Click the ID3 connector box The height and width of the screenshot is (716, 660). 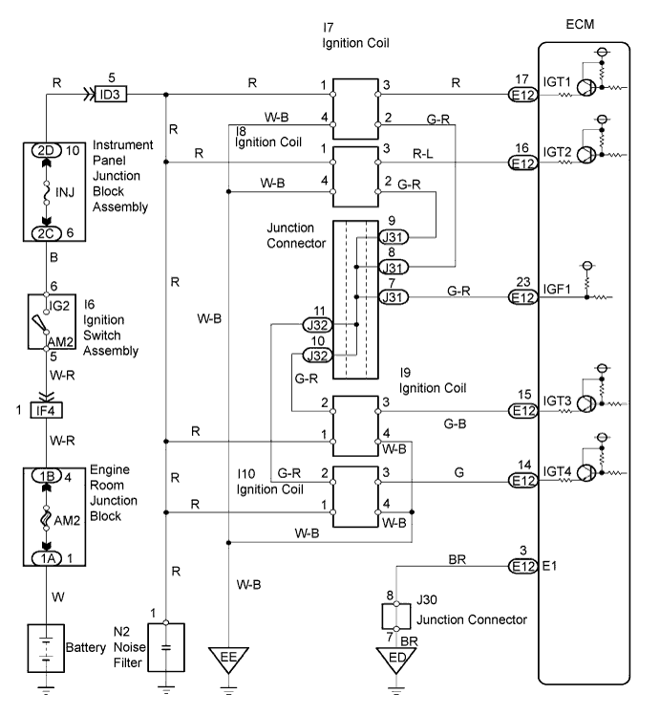pyautogui.click(x=113, y=95)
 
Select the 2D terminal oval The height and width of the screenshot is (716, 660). pyautogui.click(x=45, y=151)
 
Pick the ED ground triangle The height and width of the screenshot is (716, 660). pyautogui.click(x=395, y=660)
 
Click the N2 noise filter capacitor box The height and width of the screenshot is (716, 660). pyautogui.click(x=165, y=646)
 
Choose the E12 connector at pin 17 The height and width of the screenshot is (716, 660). pyautogui.click(x=522, y=95)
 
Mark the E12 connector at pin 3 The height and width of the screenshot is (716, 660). pyautogui.click(x=522, y=567)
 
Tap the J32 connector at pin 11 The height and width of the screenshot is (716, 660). pyautogui.click(x=317, y=324)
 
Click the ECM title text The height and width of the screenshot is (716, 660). pyautogui.click(x=582, y=28)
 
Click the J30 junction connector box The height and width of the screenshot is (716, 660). pyautogui.click(x=395, y=611)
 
